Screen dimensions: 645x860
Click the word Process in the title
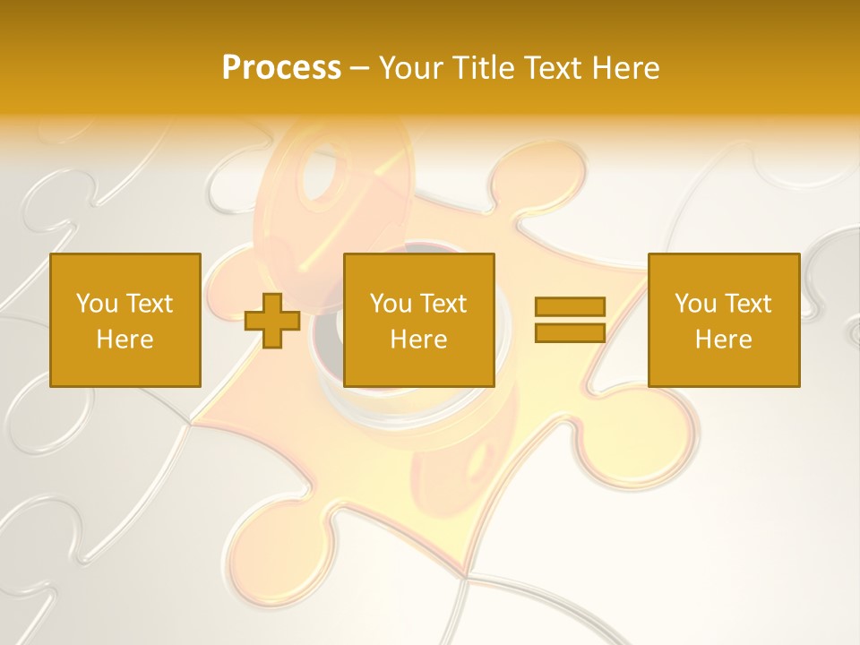pos(281,68)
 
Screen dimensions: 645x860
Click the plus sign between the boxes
pos(272,321)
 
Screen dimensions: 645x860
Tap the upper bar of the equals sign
pos(570,306)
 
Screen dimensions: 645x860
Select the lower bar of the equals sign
pos(570,332)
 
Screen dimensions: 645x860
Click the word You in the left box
pos(97,304)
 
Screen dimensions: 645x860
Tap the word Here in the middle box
pos(418,340)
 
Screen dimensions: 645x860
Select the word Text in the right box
pos(749,304)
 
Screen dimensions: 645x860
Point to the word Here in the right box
pos(723,340)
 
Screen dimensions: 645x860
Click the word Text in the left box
pos(150,304)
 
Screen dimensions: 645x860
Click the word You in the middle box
pos(391,304)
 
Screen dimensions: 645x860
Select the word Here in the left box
pos(125,340)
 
